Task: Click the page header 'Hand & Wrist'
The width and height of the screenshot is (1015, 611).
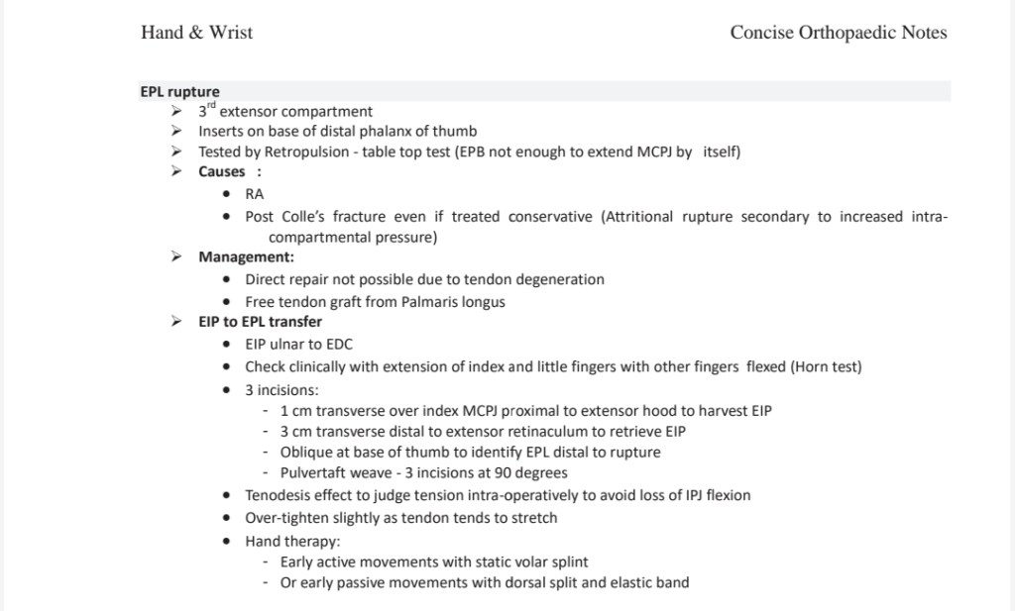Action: click(x=196, y=33)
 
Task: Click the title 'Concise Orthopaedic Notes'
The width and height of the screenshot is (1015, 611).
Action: click(x=838, y=33)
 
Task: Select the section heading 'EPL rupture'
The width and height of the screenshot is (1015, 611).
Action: click(x=179, y=92)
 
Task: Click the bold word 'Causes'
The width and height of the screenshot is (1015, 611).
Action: click(x=221, y=171)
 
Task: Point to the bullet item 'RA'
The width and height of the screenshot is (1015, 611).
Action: click(x=255, y=194)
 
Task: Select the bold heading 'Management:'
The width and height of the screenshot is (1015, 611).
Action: click(x=246, y=256)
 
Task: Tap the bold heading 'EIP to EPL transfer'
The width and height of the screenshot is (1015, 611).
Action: click(x=260, y=321)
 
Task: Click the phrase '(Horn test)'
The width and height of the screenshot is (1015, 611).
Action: click(x=826, y=366)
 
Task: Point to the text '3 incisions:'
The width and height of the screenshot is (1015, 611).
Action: click(x=282, y=389)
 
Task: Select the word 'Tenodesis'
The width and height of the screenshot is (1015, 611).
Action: click(x=280, y=495)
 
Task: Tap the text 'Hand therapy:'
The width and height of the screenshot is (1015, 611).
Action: click(x=292, y=541)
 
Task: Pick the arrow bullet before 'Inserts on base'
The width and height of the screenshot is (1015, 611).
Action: click(x=175, y=131)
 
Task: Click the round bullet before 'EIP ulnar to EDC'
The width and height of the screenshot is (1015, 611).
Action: click(x=227, y=345)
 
